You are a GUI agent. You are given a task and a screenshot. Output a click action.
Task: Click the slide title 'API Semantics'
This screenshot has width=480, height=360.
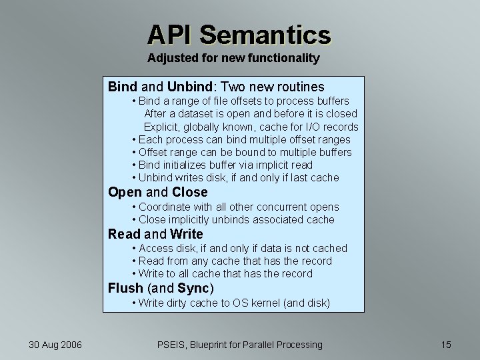(x=239, y=34)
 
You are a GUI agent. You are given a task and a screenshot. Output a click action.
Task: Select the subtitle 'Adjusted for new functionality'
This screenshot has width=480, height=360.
(x=233, y=58)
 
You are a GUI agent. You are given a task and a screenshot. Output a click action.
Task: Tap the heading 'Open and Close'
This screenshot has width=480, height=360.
(x=158, y=193)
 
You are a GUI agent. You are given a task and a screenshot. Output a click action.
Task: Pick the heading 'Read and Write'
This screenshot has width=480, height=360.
(x=155, y=234)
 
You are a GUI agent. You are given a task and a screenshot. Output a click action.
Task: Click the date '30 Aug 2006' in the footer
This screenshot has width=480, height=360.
(x=55, y=345)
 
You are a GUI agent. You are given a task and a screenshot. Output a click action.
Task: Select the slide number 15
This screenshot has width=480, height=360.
(x=446, y=345)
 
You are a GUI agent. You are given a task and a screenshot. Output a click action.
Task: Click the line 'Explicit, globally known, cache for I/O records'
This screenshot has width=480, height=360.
(x=251, y=127)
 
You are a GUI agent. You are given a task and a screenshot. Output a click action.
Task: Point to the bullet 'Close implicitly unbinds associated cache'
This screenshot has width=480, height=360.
(x=236, y=219)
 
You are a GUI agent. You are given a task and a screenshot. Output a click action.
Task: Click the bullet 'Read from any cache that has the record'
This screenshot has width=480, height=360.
(x=235, y=261)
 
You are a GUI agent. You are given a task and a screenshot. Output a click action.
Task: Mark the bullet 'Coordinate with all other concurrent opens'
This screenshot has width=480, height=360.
(x=238, y=207)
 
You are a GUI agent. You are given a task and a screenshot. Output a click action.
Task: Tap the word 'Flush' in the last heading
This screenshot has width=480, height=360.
(x=126, y=288)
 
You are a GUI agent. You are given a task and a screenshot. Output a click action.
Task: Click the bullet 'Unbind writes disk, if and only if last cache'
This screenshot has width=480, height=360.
(x=238, y=177)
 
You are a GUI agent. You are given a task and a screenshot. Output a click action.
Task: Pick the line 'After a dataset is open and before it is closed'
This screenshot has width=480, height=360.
(x=251, y=113)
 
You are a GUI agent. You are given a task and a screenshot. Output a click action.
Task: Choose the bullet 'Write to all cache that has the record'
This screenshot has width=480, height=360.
(x=225, y=273)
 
